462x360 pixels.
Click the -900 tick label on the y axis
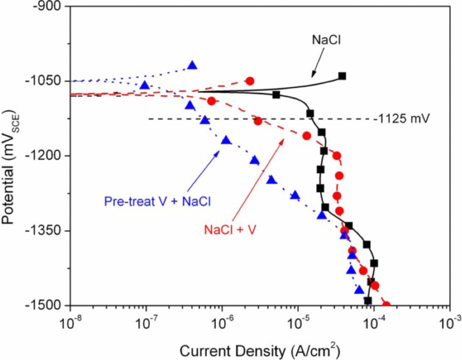coord(47,7)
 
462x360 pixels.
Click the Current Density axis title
coord(260,350)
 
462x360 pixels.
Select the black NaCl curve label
coord(326,40)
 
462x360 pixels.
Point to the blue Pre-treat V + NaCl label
coord(157,201)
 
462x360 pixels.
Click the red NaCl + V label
coord(230,230)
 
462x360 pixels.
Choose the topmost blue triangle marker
coord(192,65)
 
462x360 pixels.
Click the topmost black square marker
coord(342,76)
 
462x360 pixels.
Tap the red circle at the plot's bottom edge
coord(386,305)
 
